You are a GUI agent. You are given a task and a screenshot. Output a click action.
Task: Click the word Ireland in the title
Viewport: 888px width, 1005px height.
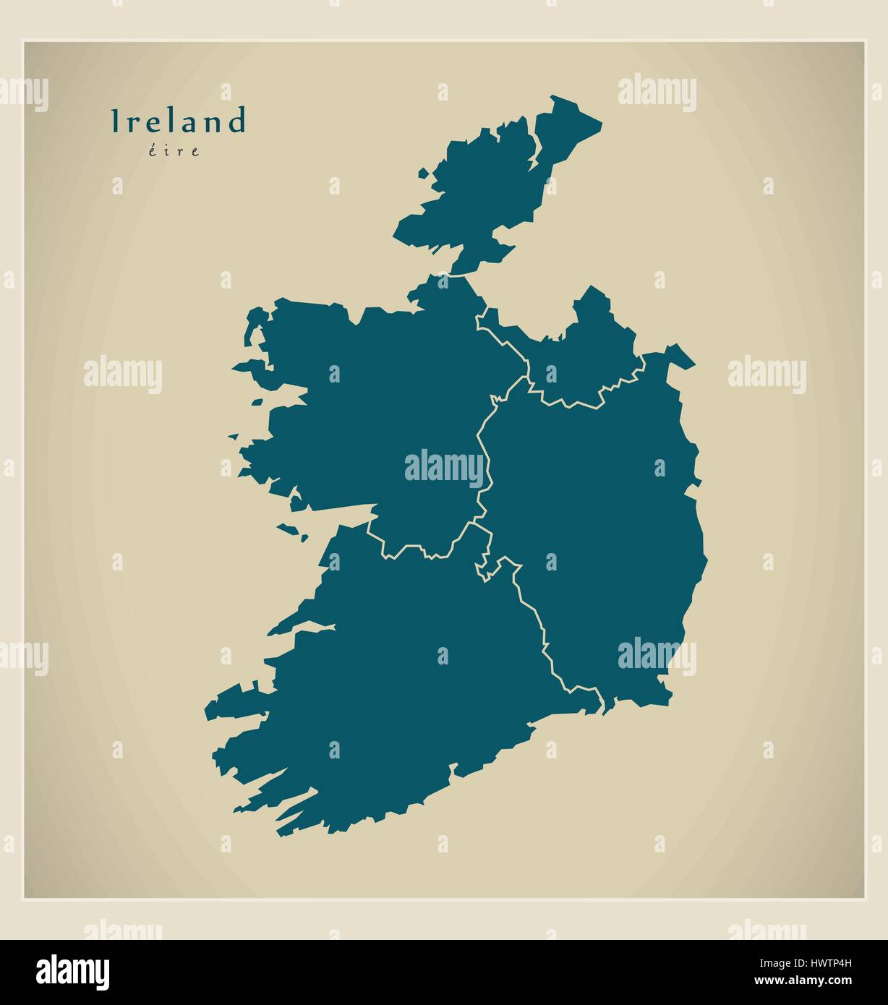pos(178,121)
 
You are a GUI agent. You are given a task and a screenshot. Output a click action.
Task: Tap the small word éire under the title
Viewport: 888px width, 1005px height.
pos(178,152)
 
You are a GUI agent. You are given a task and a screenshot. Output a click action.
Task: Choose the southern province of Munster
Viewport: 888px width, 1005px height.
pos(405,687)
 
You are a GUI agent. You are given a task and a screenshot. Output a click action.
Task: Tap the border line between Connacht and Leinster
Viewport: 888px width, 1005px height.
pos(483,463)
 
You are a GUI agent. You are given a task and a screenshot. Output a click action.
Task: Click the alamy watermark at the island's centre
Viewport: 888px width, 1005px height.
pos(444,466)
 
